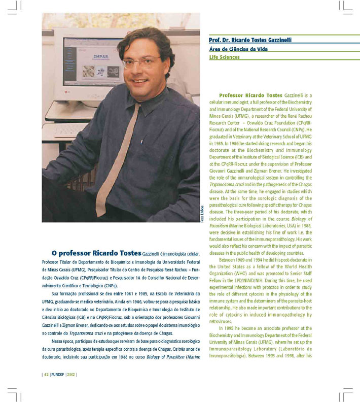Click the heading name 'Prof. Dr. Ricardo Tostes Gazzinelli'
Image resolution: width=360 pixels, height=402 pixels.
[250, 40]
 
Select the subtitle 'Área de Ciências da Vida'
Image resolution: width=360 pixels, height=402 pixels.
[238, 49]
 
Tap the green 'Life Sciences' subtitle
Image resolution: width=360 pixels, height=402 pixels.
[224, 57]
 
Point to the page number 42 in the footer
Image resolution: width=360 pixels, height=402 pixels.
[46, 375]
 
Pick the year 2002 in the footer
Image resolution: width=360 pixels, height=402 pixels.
[71, 375]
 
